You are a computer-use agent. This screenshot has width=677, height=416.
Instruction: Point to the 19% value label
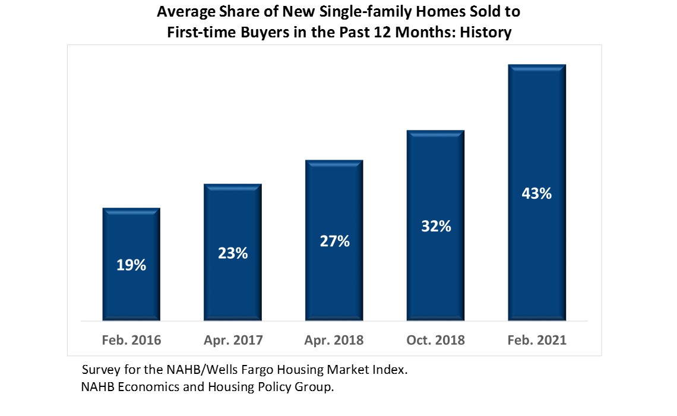point(131,265)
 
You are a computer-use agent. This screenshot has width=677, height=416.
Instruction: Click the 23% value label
point(232,253)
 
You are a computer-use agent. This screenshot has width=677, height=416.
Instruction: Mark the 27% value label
point(334,241)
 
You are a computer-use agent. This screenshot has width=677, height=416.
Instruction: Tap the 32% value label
point(435,226)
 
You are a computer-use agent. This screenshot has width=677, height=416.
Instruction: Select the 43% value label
point(537,193)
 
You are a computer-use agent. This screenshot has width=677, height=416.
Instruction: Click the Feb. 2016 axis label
point(131,341)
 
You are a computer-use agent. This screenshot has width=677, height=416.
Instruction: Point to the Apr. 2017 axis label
point(232,341)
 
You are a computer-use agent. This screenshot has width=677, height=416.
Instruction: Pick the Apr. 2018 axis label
point(334,341)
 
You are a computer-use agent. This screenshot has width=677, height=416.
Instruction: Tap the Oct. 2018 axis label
point(435,341)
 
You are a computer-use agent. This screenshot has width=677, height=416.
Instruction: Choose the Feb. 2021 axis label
point(537,341)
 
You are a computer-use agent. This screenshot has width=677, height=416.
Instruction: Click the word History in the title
point(483,32)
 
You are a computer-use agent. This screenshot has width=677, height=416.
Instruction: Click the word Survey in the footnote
point(100,370)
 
